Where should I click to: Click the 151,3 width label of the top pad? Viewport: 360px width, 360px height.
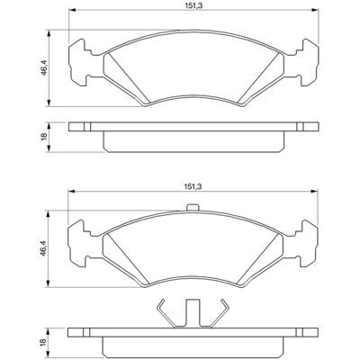(x=194, y=5)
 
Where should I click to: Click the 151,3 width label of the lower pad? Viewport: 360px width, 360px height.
(x=193, y=186)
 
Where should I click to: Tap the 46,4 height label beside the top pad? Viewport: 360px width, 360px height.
(x=44, y=68)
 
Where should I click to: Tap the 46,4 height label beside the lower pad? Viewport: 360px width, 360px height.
(x=44, y=248)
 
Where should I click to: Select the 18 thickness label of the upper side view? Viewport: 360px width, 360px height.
(x=44, y=137)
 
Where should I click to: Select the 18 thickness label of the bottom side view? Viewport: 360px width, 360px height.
(x=44, y=342)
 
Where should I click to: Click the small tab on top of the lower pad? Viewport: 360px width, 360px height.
(x=193, y=207)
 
